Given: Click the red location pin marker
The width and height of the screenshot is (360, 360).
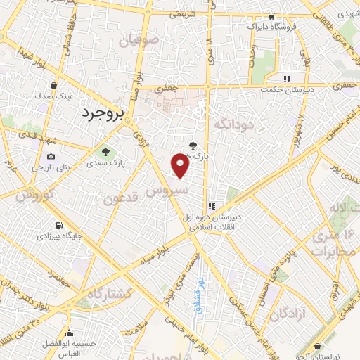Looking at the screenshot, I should pos(181,166).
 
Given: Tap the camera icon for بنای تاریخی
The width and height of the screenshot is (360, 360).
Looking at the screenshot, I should pos(51,156).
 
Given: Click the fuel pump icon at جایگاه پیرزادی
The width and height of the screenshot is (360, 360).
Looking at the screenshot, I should pos(58,226).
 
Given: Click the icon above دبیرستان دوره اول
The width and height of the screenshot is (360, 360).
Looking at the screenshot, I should pos(210,206).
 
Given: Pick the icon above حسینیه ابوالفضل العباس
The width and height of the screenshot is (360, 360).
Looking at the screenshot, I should pos(69,335).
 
